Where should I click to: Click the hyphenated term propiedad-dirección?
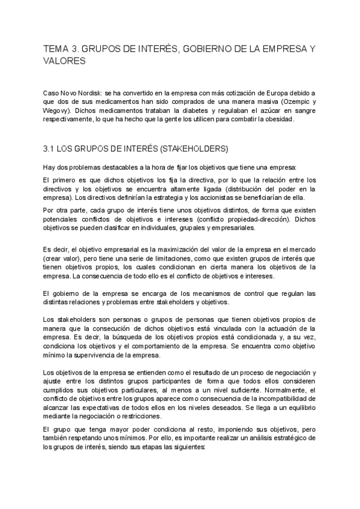click(251, 219)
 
